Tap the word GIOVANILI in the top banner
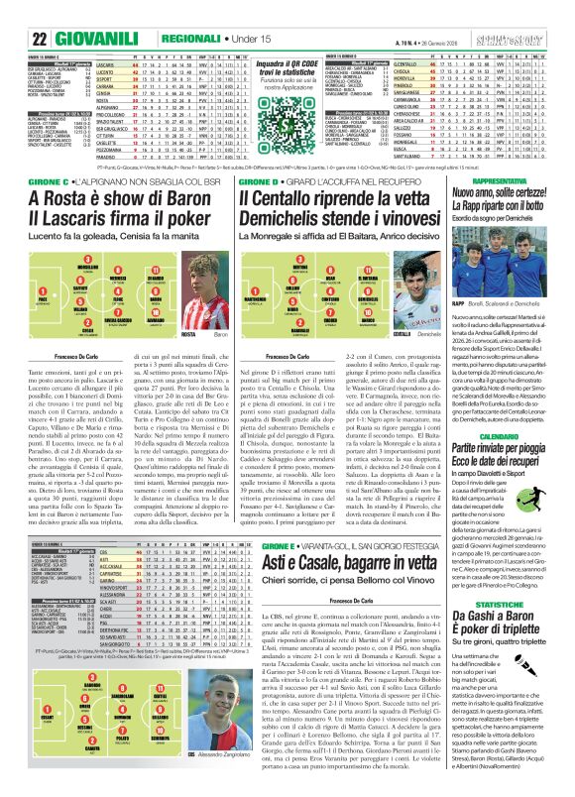66,12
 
